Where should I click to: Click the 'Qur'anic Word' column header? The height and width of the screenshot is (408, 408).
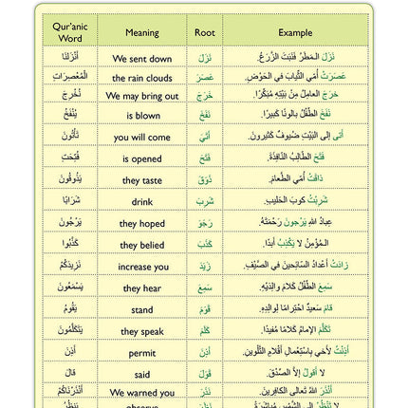[71, 33]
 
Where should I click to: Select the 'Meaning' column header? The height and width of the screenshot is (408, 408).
[142, 33]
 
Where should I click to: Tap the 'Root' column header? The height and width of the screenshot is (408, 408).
[204, 33]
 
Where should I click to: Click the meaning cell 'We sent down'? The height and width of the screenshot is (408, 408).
[142, 59]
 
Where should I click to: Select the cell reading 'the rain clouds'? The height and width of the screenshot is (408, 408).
[142, 78]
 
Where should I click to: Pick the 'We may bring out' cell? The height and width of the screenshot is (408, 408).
[142, 96]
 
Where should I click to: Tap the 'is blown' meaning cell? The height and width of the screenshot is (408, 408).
[142, 116]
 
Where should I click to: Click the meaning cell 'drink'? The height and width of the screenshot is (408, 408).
[142, 201]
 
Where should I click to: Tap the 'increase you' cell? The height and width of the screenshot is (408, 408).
[142, 267]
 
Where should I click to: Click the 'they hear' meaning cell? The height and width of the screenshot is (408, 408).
[142, 288]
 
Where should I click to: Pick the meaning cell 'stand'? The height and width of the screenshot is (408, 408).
[142, 309]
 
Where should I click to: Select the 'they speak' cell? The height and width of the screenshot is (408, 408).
[142, 331]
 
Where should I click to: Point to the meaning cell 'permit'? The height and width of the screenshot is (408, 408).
[142, 352]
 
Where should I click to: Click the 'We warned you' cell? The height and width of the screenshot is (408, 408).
[142, 392]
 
